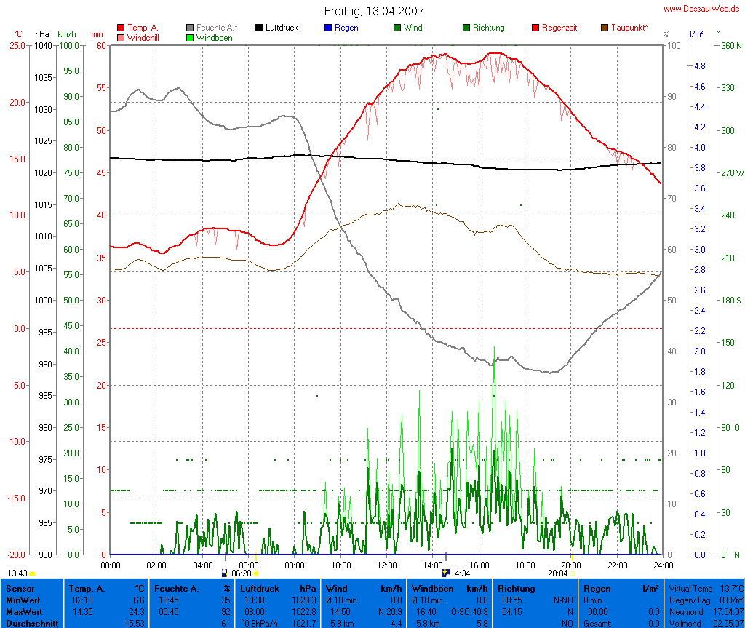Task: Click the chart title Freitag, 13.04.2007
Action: tap(373, 11)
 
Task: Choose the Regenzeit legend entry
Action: tap(559, 28)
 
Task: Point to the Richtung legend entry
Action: tap(488, 28)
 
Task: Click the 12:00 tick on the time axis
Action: tap(387, 565)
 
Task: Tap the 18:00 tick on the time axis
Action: tap(525, 565)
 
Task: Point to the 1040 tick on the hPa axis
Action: tap(43, 45)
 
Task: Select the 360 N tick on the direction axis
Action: tap(730, 45)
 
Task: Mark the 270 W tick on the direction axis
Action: tap(731, 173)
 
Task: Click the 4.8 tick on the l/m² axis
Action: tap(699, 66)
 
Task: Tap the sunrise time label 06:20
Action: tap(241, 573)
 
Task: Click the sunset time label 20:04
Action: tap(557, 573)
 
